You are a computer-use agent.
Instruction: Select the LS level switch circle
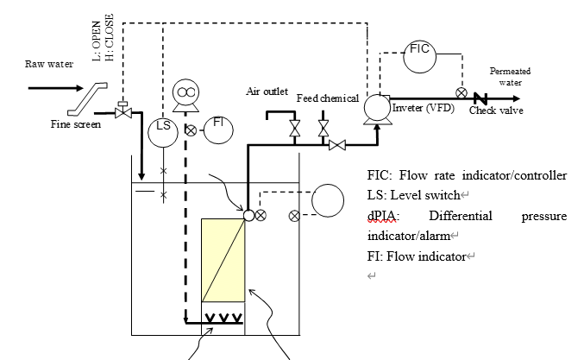tap(161, 131)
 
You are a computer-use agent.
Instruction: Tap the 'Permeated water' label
tap(511, 76)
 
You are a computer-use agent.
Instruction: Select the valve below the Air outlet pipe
tap(294, 129)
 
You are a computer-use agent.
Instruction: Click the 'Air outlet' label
tap(267, 92)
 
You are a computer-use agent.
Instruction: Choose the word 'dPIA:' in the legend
tap(383, 216)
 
